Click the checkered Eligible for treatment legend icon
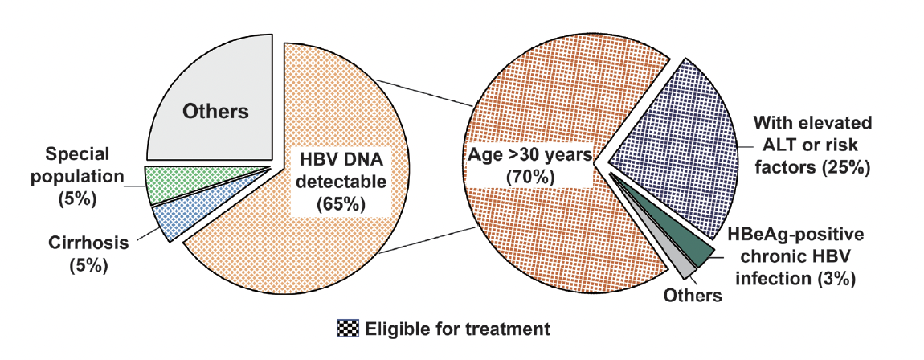click(x=348, y=328)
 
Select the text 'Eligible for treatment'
click(x=457, y=328)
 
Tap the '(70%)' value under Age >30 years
click(x=529, y=177)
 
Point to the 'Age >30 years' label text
click(x=529, y=156)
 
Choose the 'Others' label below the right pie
click(x=693, y=295)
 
